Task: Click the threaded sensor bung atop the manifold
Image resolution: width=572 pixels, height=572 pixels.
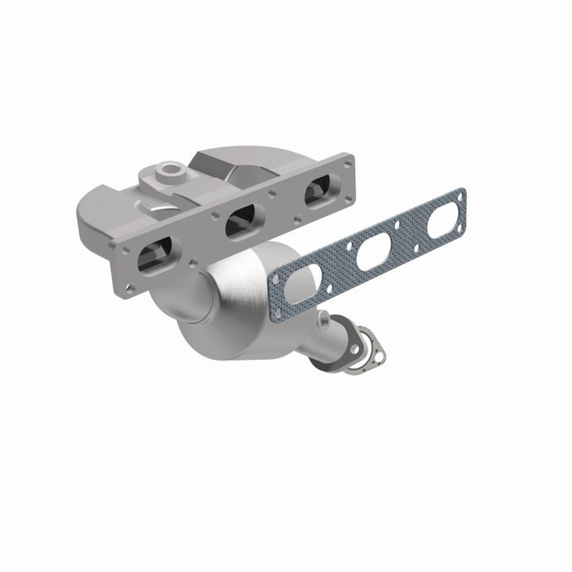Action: (169, 170)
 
